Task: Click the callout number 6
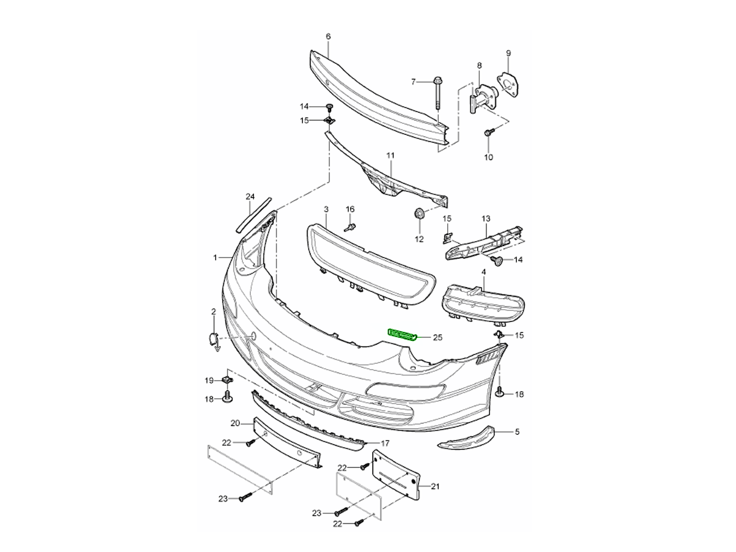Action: click(328, 37)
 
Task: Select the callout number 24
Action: click(250, 197)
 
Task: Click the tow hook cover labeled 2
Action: click(212, 339)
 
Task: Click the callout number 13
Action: click(486, 219)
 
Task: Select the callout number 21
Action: click(435, 487)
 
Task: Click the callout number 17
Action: click(385, 443)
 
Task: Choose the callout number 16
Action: click(350, 210)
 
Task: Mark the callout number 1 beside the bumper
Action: click(215, 258)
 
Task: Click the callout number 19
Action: click(209, 380)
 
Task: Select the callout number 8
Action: click(479, 65)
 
